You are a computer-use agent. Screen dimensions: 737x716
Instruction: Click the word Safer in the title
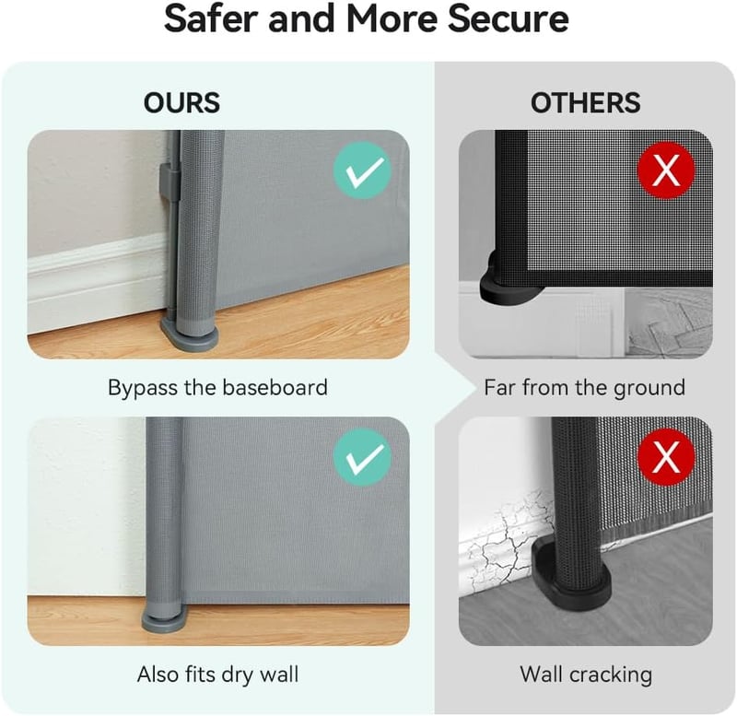tap(212, 18)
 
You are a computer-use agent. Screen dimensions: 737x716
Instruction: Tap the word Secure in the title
tap(508, 18)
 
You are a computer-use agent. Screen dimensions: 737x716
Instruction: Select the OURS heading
tap(181, 102)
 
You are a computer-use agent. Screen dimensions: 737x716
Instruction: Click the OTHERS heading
tap(585, 102)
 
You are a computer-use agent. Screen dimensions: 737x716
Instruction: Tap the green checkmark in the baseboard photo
tap(362, 170)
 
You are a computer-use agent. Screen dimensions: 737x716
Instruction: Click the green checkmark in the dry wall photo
tap(362, 457)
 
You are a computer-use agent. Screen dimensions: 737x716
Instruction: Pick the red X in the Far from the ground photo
tap(666, 170)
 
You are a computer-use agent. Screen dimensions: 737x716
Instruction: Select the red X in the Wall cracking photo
tap(666, 457)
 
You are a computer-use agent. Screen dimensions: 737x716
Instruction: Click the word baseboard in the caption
tap(275, 387)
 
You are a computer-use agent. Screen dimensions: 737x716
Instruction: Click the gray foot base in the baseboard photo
tap(190, 333)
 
